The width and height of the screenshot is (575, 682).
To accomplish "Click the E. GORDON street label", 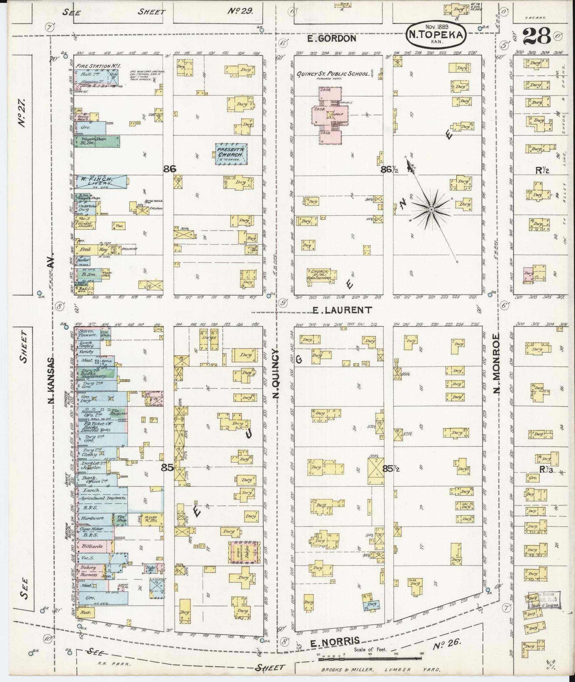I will [332, 39].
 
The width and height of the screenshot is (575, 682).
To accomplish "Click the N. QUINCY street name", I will [276, 373].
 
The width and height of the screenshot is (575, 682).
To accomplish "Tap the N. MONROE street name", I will [497, 363].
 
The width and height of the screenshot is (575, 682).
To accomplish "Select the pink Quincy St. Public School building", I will [330, 116].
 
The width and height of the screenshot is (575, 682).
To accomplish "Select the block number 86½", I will [390, 170].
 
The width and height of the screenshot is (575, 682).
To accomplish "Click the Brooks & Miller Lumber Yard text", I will [381, 670].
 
